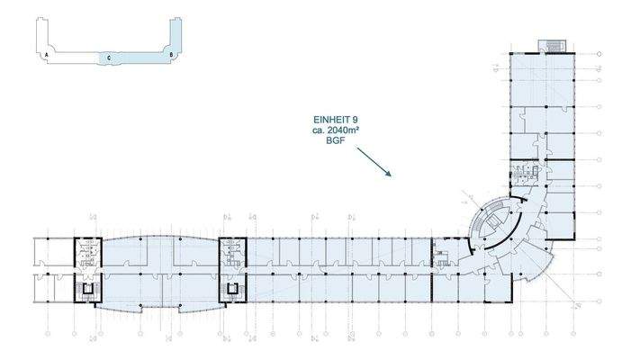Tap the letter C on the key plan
tap(108, 58)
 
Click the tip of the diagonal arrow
tap(388, 175)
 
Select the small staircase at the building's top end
tap(549, 45)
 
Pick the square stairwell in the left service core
tap(88, 290)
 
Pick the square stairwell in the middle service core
tap(232, 290)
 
